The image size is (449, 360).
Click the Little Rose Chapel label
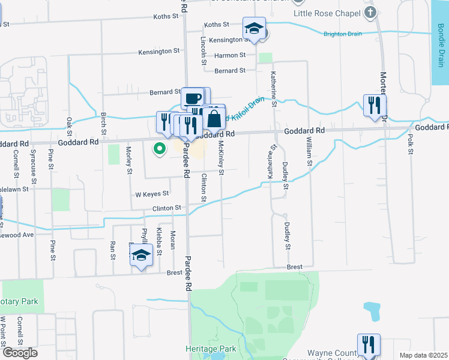[x=325, y=13]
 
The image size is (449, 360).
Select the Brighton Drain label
[x=342, y=34]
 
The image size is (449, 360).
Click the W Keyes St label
[x=152, y=194]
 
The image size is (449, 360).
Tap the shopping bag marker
[x=214, y=118]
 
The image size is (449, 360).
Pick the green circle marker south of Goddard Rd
[x=160, y=148]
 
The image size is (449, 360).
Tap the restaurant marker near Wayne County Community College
[x=369, y=344]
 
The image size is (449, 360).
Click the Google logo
[x=19, y=353]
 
